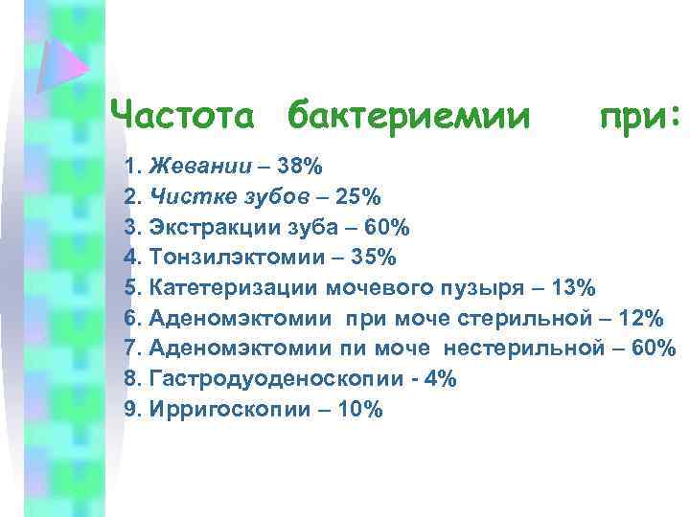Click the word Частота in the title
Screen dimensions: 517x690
tap(183, 116)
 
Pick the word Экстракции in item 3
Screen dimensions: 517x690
tap(201, 228)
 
